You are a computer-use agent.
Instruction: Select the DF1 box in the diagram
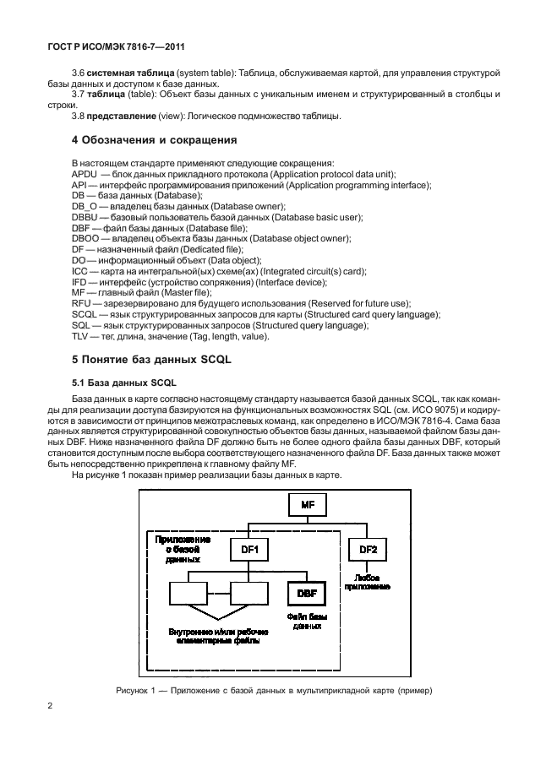click(x=250, y=550)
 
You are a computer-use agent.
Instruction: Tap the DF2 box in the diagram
click(x=369, y=550)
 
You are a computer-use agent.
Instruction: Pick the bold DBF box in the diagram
click(x=306, y=594)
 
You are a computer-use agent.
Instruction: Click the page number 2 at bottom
click(x=51, y=706)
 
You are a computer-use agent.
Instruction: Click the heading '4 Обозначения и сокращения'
click(x=154, y=139)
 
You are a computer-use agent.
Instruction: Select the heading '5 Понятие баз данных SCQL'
click(x=151, y=359)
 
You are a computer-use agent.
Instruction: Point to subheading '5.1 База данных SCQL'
click(x=118, y=382)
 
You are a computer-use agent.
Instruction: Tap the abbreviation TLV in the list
click(x=82, y=337)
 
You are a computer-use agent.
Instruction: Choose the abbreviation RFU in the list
click(x=83, y=303)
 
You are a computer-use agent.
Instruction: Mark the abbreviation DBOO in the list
click(x=86, y=238)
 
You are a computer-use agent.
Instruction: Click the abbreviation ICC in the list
click(x=81, y=271)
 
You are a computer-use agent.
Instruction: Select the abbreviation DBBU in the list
click(x=86, y=217)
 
